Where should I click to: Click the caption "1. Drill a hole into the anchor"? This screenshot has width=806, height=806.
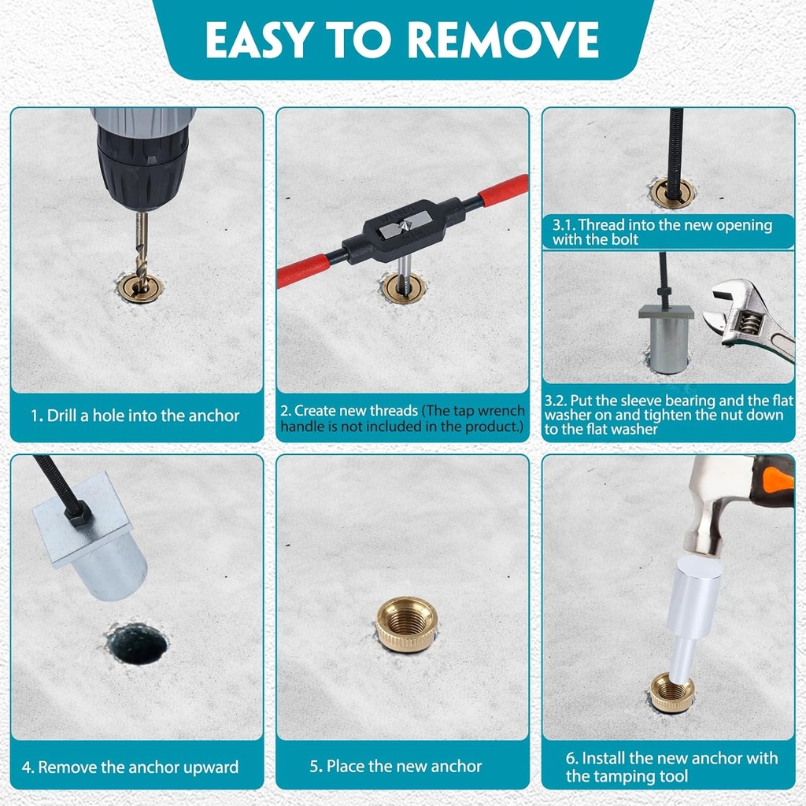(135, 416)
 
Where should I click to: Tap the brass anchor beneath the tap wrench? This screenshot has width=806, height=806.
(404, 288)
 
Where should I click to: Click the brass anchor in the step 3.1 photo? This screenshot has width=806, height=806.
(673, 192)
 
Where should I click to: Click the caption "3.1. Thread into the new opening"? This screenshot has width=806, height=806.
(662, 225)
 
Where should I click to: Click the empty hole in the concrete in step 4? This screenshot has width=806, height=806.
(137, 643)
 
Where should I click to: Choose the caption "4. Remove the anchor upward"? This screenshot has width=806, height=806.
(131, 767)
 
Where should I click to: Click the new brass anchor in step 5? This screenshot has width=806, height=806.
(405, 623)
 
